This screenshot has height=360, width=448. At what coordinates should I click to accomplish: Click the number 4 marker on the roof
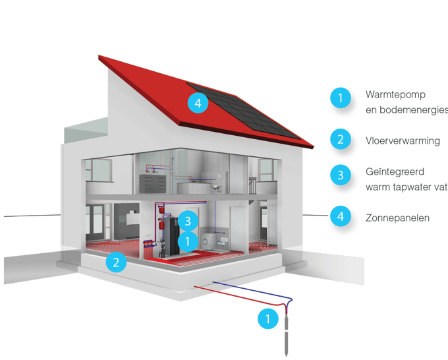[x=197, y=103]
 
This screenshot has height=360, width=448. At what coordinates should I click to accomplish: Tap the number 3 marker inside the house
[x=188, y=220]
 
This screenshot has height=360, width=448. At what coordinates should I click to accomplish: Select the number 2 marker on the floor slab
[x=116, y=262]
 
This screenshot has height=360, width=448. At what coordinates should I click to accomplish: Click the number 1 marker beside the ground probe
[x=267, y=320]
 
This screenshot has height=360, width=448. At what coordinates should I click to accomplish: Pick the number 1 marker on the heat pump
[x=188, y=241]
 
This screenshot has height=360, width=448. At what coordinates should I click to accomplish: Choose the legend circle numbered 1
[x=340, y=98]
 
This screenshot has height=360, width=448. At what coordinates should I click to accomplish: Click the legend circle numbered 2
[x=340, y=139]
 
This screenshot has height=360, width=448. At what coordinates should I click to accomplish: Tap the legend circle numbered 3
[x=340, y=175]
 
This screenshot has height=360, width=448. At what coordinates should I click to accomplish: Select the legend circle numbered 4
[x=340, y=216]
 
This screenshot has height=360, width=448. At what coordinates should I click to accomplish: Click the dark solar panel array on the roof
[x=247, y=112]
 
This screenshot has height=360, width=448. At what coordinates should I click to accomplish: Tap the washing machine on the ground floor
[x=208, y=240]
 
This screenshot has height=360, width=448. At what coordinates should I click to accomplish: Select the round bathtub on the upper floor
[x=196, y=187]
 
